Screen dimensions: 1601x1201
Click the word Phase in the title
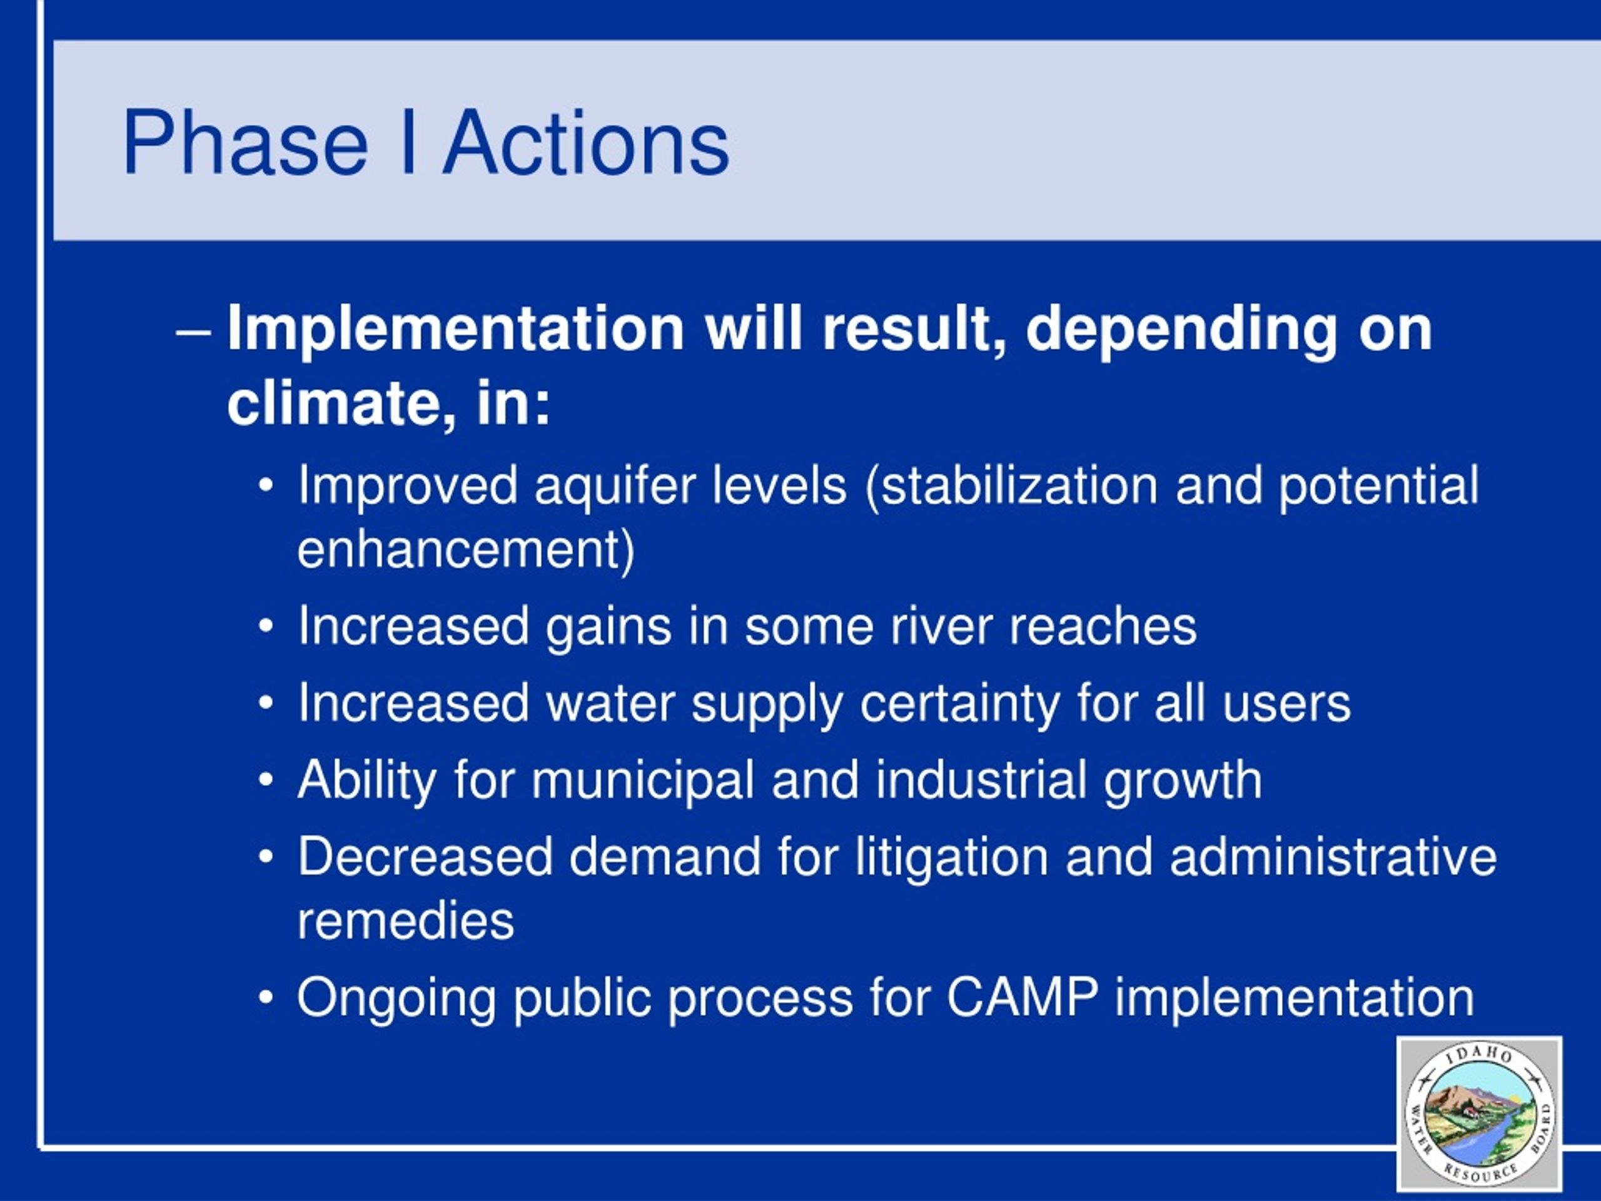(246, 143)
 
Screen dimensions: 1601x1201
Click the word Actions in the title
(586, 143)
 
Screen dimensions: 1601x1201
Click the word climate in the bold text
(335, 403)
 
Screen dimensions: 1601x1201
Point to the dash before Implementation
(194, 335)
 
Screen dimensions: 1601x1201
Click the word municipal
(643, 783)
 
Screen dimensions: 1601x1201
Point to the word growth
(1183, 783)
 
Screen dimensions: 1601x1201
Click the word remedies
(405, 921)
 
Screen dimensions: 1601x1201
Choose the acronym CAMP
(1023, 998)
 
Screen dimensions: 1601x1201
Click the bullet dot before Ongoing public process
(266, 998)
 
